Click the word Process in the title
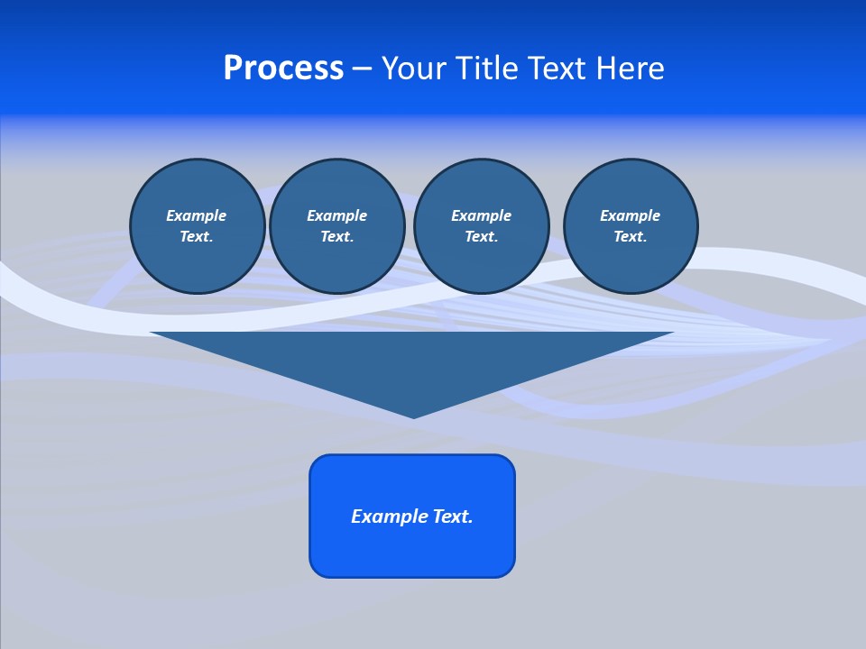pyautogui.click(x=283, y=69)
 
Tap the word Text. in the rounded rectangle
pyautogui.click(x=452, y=516)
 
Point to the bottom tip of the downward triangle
pyautogui.click(x=413, y=416)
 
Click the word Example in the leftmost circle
pyautogui.click(x=197, y=215)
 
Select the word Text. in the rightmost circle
pyautogui.click(x=631, y=236)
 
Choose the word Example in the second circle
pyautogui.click(x=336, y=215)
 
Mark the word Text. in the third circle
pyautogui.click(x=481, y=236)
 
